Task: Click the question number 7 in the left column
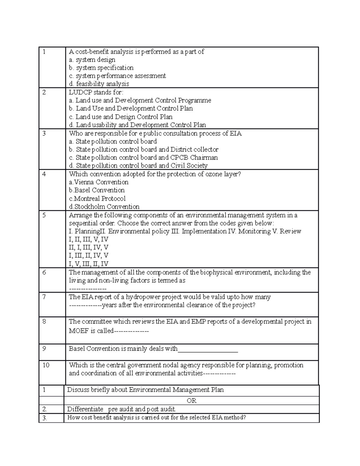44,297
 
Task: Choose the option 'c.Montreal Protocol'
97,198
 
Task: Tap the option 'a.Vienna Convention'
99,182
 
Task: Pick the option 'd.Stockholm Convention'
104,206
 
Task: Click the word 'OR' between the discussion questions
191,401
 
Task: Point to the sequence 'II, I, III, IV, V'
88,248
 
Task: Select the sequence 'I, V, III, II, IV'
88,264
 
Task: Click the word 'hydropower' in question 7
143,297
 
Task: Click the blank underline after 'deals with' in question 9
208,349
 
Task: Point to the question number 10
46,365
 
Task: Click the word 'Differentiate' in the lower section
85,409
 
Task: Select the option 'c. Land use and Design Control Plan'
121,117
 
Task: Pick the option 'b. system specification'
101,68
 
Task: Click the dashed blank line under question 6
88,289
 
